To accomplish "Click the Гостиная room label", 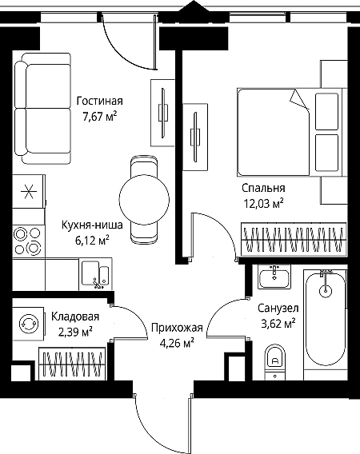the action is [x=99, y=101].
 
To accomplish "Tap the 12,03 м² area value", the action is [x=263, y=204].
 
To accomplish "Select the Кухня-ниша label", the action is [x=92, y=225].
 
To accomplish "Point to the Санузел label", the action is [x=278, y=308].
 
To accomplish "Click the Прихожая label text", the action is [x=177, y=328].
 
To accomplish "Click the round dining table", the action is [x=144, y=199].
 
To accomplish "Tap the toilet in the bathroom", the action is [x=274, y=362].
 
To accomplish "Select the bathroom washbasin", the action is [x=274, y=277].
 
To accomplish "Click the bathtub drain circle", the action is [x=326, y=290].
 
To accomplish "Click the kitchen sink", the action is [x=95, y=274].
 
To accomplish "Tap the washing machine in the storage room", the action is [x=29, y=323].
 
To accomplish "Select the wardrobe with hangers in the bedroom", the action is [x=294, y=239].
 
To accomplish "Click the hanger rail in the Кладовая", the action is [x=71, y=364].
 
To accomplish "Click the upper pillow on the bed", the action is [x=326, y=111].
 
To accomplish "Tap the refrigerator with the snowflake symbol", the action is [x=29, y=191].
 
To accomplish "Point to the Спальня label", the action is [x=263, y=188].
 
